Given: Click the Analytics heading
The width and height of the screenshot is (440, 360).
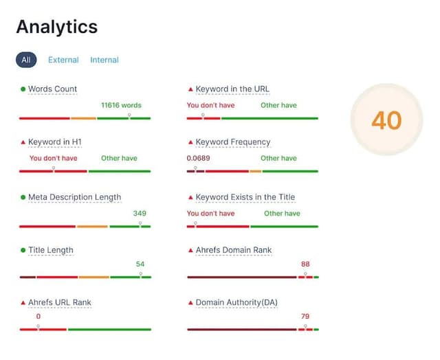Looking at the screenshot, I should pyautogui.click(x=57, y=27).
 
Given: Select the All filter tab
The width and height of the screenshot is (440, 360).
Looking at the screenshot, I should pyautogui.click(x=26, y=60).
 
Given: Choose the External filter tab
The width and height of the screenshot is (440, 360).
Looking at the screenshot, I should pyautogui.click(x=63, y=60).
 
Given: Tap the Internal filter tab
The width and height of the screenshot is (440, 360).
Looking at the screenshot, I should pyautogui.click(x=104, y=60).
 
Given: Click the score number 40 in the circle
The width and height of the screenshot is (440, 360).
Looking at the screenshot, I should pyautogui.click(x=386, y=120).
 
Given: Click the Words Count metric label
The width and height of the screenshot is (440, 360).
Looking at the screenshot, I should pyautogui.click(x=52, y=89).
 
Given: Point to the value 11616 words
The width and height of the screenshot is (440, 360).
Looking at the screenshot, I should pyautogui.click(x=121, y=105).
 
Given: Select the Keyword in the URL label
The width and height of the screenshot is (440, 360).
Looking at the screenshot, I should pyautogui.click(x=232, y=89).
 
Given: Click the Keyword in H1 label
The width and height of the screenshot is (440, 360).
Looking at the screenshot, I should pyautogui.click(x=55, y=142).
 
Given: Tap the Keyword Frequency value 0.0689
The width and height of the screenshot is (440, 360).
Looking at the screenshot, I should pyautogui.click(x=198, y=158).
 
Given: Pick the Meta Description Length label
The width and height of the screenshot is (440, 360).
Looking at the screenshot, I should pyautogui.click(x=74, y=197).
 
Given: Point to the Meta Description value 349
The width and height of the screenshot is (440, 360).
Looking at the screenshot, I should pyautogui.click(x=140, y=213).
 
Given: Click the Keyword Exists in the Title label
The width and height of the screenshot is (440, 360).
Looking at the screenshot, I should pyautogui.click(x=245, y=197).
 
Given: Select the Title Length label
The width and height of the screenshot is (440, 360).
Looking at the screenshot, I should pyautogui.click(x=51, y=250).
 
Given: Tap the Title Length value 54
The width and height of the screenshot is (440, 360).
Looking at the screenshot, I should pyautogui.click(x=140, y=264).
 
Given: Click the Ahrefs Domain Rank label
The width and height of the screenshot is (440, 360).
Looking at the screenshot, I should pyautogui.click(x=234, y=250).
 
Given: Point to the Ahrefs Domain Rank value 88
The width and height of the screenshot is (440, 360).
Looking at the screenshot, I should pyautogui.click(x=305, y=264).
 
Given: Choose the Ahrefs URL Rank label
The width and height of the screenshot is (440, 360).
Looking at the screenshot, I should pyautogui.click(x=59, y=302).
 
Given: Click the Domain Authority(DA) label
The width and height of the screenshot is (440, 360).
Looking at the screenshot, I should pyautogui.click(x=236, y=302).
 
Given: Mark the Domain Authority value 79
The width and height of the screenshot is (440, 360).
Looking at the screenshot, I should pyautogui.click(x=305, y=317).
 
